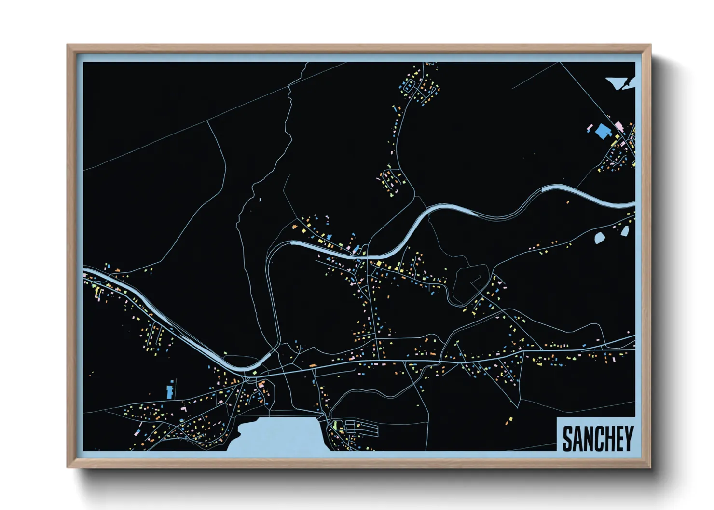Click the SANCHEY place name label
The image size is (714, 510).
pyautogui.click(x=597, y=438)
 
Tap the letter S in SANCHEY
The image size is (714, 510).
pyautogui.click(x=567, y=438)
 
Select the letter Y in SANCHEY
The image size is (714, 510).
pyautogui.click(x=629, y=438)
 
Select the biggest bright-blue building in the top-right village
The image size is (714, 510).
pyautogui.click(x=602, y=131)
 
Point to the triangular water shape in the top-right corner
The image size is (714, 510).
pyautogui.click(x=618, y=82)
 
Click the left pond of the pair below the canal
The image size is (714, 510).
pyautogui.click(x=600, y=238)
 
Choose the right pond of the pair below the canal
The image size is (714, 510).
pyautogui.click(x=625, y=231)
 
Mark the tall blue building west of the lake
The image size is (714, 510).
pyautogui.click(x=170, y=391)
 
